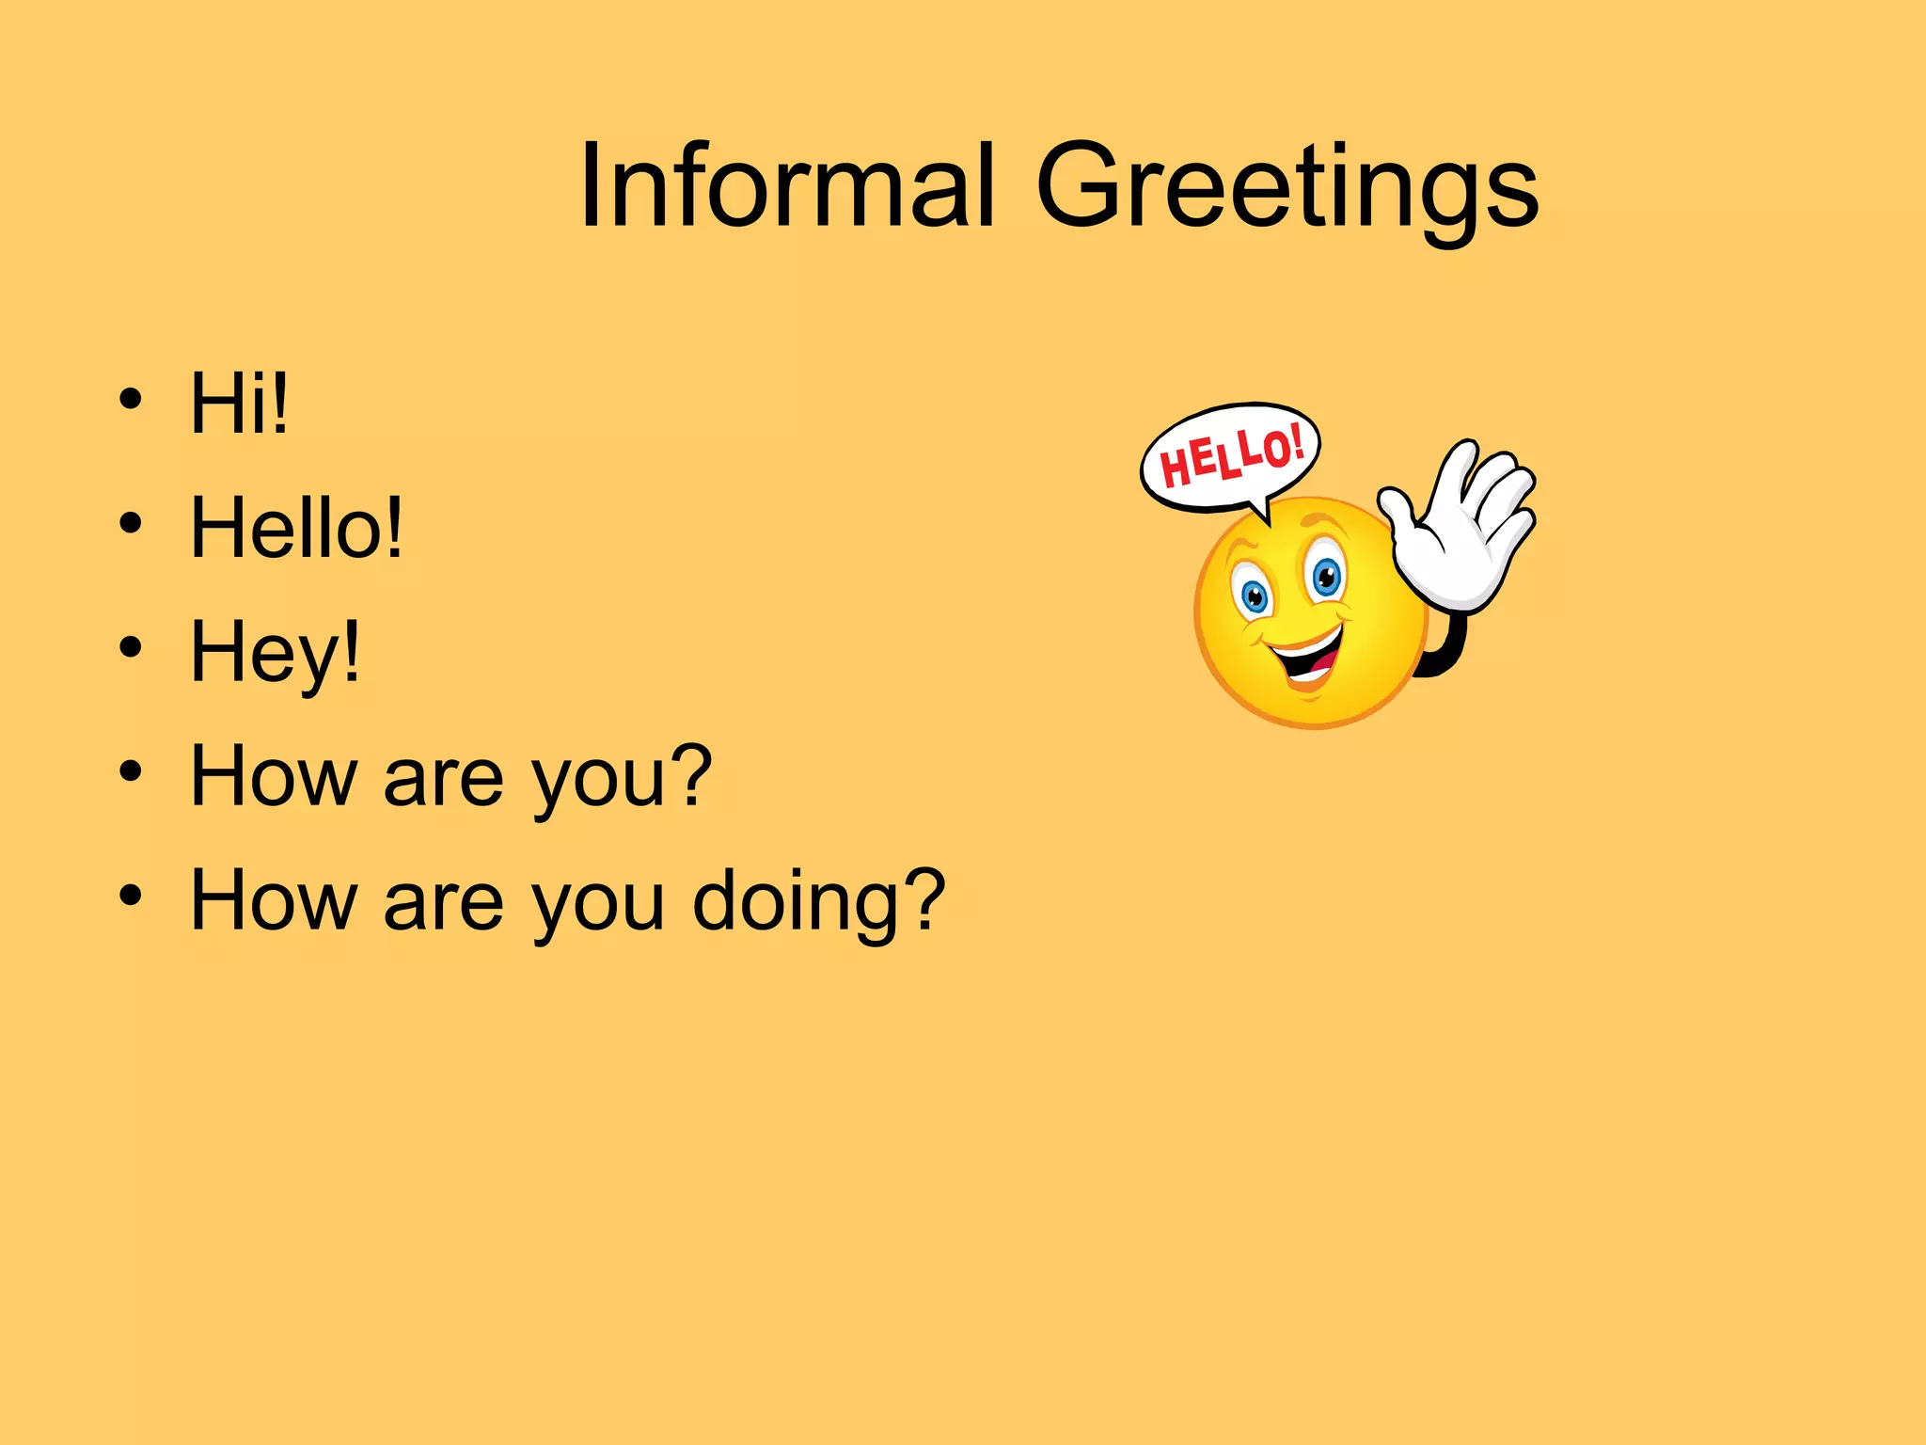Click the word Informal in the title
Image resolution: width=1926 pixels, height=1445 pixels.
[x=786, y=185]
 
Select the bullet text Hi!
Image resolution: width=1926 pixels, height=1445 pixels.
[x=239, y=404]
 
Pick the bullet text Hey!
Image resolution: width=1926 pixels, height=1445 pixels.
[x=275, y=652]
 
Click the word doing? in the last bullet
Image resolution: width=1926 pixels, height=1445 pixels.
[x=818, y=900]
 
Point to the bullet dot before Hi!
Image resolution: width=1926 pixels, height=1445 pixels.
[x=131, y=400]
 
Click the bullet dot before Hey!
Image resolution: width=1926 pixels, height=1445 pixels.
[x=131, y=648]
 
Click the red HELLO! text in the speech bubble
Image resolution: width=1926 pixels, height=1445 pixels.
[x=1231, y=456]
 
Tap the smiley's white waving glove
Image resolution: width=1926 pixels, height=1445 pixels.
[x=1467, y=532]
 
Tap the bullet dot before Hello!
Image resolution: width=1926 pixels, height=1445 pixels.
[x=131, y=524]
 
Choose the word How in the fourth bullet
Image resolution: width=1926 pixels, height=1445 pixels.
[x=274, y=776]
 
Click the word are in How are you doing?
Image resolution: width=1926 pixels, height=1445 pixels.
[x=442, y=903]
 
